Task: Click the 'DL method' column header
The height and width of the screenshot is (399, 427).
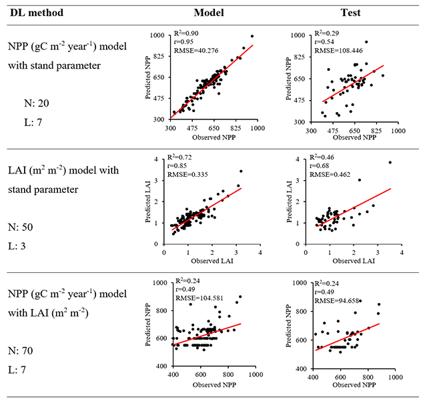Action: tap(37, 13)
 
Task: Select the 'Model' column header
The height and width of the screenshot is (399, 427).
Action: tap(209, 13)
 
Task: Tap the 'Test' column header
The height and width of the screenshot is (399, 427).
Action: tap(350, 13)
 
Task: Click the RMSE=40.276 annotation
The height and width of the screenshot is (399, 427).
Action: tap(196, 51)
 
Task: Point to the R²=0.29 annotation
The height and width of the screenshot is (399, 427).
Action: tap(327, 33)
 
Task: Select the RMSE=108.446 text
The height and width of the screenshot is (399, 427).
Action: tap(338, 51)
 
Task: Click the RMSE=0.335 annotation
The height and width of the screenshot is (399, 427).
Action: tap(187, 175)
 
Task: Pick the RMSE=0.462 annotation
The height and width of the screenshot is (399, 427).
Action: tap(330, 175)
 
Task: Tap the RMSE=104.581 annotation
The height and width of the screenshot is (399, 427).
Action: tap(199, 298)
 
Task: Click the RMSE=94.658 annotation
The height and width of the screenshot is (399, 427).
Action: tap(337, 301)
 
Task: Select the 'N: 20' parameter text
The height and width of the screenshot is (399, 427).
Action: tap(37, 103)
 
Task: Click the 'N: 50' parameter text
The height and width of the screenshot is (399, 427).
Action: tap(21, 227)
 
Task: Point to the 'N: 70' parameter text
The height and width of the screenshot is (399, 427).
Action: tap(21, 351)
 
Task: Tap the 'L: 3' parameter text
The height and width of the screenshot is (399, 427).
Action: tap(17, 246)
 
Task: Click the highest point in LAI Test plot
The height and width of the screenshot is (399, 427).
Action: tap(390, 162)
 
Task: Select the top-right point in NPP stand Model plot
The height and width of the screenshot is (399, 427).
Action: tap(252, 36)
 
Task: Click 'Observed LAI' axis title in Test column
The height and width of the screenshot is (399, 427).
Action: tap(354, 261)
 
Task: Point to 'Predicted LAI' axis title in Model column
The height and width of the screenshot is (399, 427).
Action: tap(148, 202)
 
